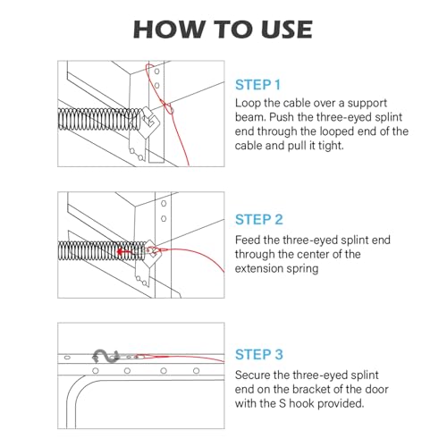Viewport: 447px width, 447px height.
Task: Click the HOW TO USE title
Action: [x=223, y=30]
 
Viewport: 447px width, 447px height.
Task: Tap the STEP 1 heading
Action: [x=258, y=85]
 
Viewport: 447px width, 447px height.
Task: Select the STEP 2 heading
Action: [x=259, y=220]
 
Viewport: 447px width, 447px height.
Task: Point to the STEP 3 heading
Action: [x=259, y=355]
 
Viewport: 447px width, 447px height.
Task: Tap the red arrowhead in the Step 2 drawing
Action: [x=120, y=252]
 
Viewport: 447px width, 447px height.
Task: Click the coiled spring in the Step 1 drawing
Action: [x=99, y=119]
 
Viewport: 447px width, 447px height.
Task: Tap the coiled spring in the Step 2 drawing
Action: [x=101, y=250]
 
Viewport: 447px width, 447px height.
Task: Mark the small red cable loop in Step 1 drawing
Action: [x=168, y=108]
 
